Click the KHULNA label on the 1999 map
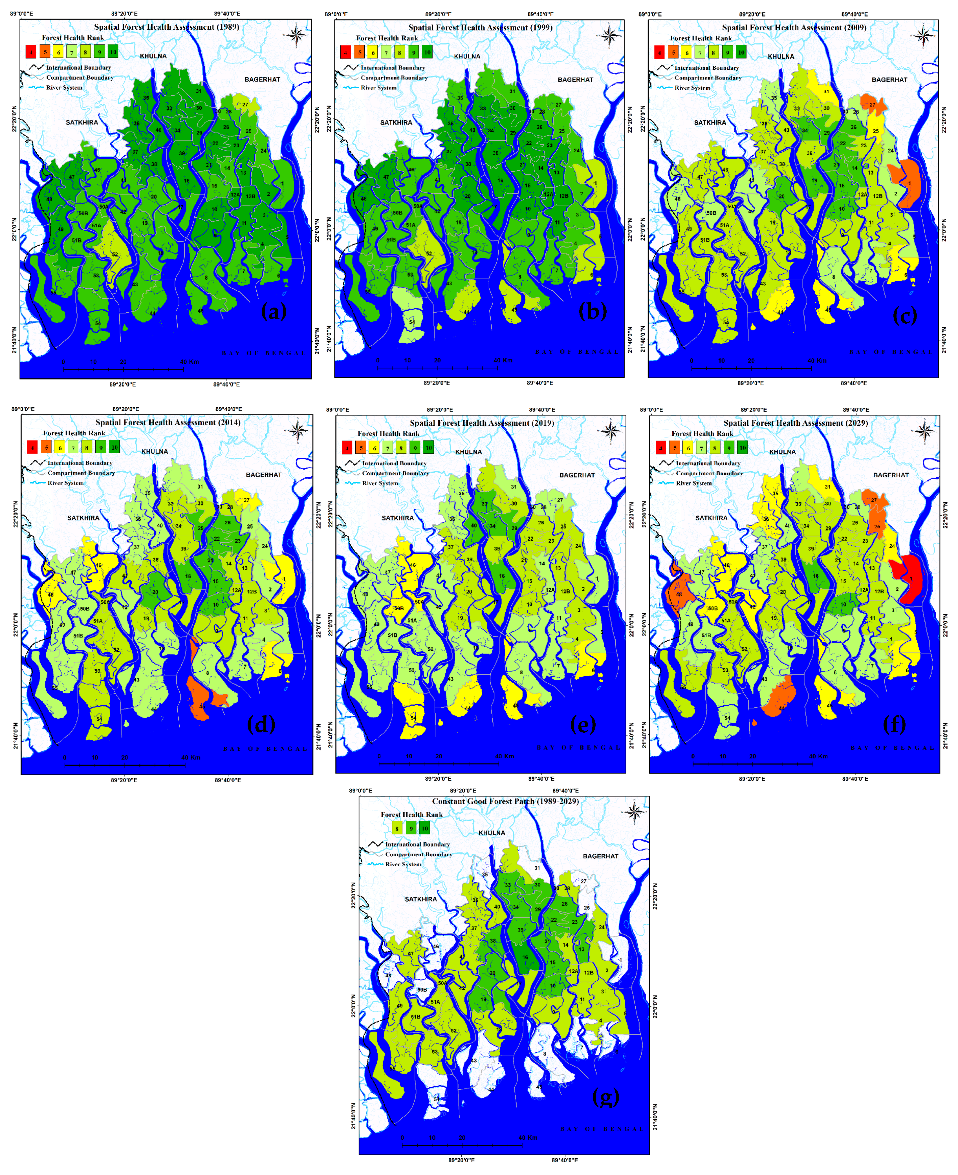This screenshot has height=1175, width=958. tap(467, 56)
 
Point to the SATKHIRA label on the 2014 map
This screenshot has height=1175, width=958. tap(83, 518)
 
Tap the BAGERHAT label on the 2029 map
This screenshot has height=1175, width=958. tap(890, 475)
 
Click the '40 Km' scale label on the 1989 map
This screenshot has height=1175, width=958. tap(189, 362)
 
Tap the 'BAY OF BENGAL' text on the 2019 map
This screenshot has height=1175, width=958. tap(578, 747)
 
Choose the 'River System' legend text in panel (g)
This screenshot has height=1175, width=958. tap(403, 864)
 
